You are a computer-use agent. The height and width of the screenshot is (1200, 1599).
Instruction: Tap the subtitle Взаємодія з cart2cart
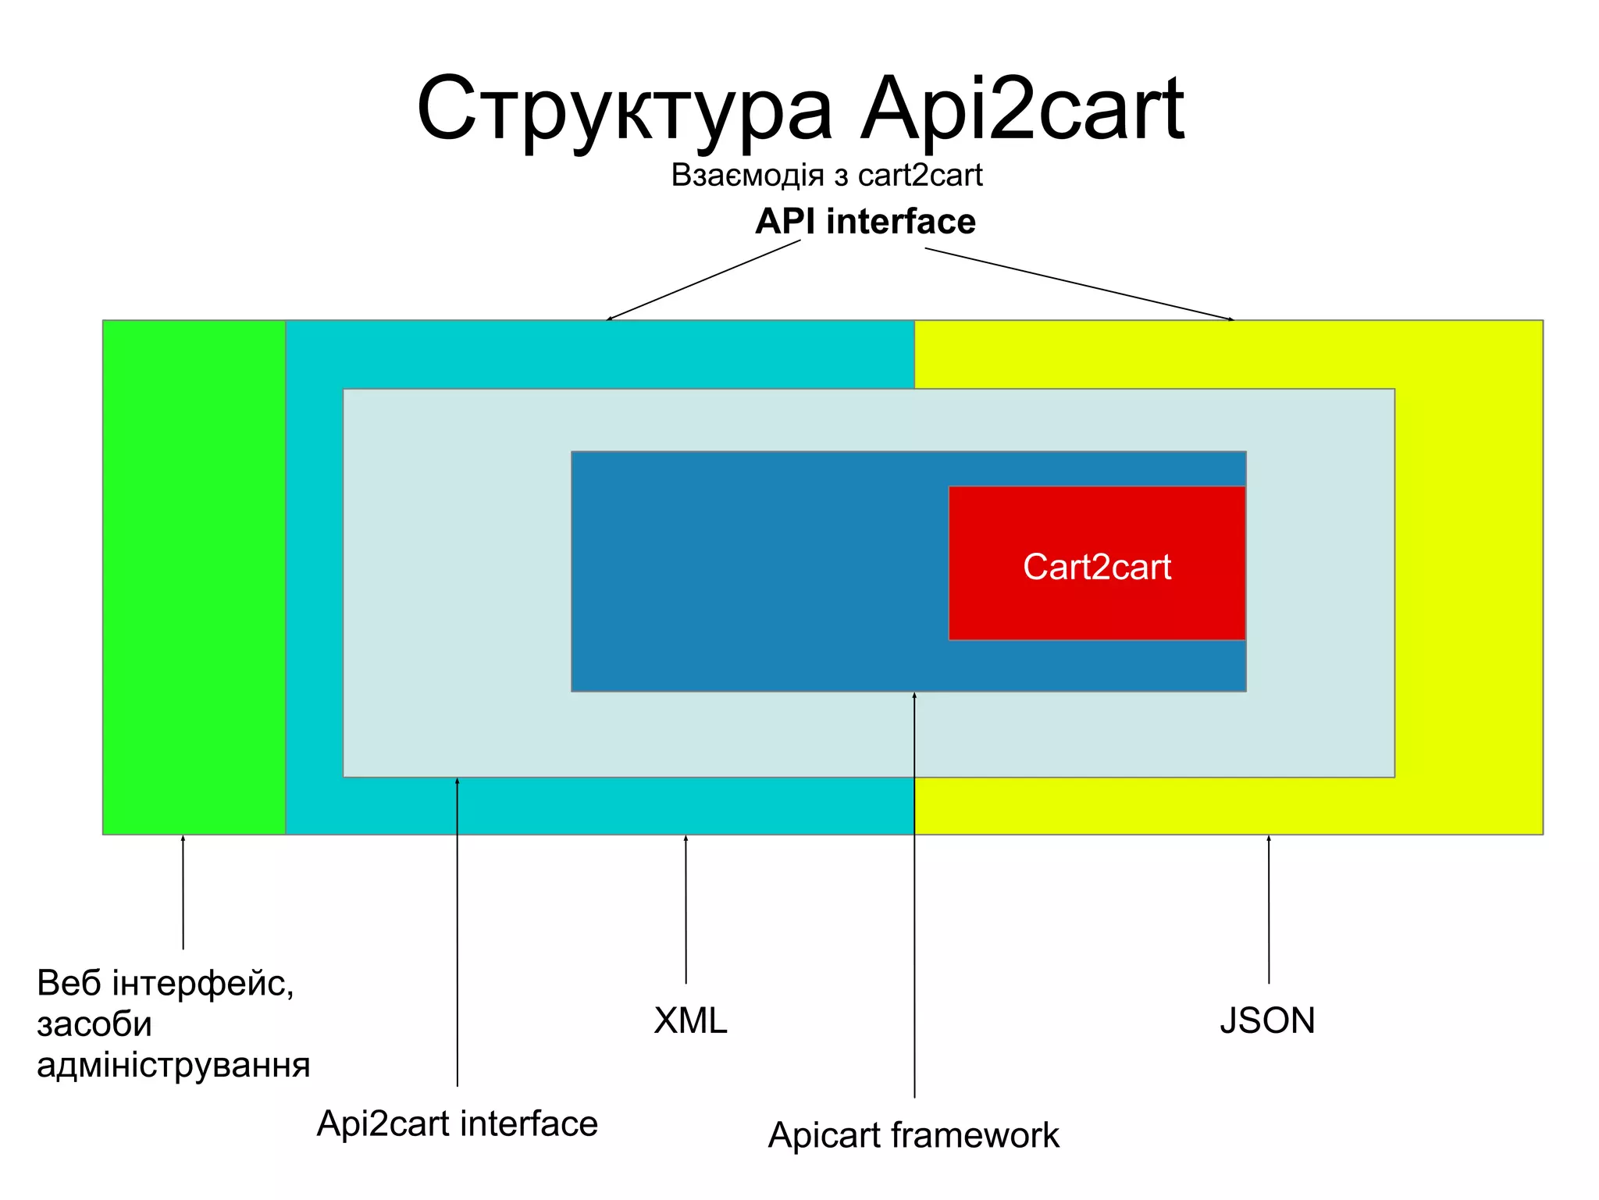[x=826, y=176]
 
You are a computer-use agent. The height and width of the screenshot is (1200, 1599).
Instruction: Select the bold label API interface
[x=865, y=222]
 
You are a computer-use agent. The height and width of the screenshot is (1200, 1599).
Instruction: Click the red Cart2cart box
[x=1096, y=564]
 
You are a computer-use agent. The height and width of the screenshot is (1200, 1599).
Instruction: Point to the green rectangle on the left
[x=194, y=577]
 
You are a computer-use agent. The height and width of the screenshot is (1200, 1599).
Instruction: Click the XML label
[x=690, y=1020]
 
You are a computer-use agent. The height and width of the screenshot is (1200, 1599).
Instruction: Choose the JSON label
[x=1267, y=1020]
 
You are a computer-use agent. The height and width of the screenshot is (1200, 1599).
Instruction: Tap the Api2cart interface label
[x=457, y=1124]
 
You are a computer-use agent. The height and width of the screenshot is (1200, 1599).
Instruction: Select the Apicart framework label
[x=913, y=1135]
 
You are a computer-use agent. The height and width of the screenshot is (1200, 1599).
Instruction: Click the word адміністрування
[x=173, y=1065]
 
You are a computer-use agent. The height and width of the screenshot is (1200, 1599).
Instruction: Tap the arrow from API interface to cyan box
[x=703, y=280]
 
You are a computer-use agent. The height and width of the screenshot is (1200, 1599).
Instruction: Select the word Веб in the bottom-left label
[x=69, y=984]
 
